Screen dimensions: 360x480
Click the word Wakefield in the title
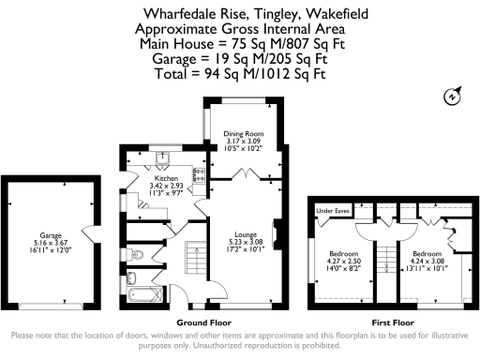[327, 13]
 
